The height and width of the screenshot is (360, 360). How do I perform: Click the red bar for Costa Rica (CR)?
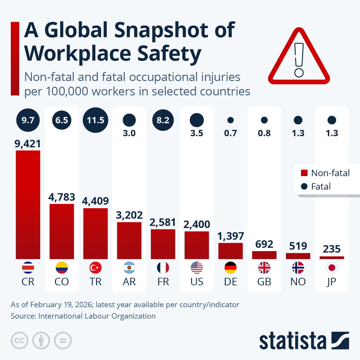pyautogui.click(x=28, y=205)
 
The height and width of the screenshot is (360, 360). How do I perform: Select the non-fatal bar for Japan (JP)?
pyautogui.click(x=332, y=258)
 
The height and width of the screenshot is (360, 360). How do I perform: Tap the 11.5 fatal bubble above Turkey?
pyautogui.click(x=95, y=120)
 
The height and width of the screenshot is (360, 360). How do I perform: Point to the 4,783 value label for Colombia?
pyautogui.click(x=61, y=197)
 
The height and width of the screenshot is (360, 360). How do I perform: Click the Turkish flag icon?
pyautogui.click(x=95, y=268)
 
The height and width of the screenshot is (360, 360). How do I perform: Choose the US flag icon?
pyautogui.click(x=197, y=268)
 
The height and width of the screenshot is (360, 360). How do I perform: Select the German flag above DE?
pyautogui.click(x=230, y=268)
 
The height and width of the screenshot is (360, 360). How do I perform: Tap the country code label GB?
pyautogui.click(x=264, y=282)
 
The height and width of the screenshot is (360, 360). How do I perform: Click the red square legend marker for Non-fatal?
pyautogui.click(x=304, y=173)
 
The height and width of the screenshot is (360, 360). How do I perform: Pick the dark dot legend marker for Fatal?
pyautogui.click(x=304, y=186)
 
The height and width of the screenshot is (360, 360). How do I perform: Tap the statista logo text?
pyautogui.click(x=292, y=341)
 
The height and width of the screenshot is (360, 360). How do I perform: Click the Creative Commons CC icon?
pyautogui.click(x=19, y=341)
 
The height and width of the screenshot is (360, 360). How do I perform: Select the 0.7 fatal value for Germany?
pyautogui.click(x=230, y=133)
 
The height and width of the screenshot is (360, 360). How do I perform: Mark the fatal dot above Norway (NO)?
pyautogui.click(x=298, y=120)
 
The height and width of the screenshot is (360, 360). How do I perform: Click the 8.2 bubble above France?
pyautogui.click(x=163, y=120)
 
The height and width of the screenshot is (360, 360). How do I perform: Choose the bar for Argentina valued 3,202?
pyautogui.click(x=129, y=241)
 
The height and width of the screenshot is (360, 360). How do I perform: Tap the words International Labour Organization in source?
pyautogui.click(x=97, y=316)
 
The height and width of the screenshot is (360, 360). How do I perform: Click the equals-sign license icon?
pyautogui.click(x=63, y=341)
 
